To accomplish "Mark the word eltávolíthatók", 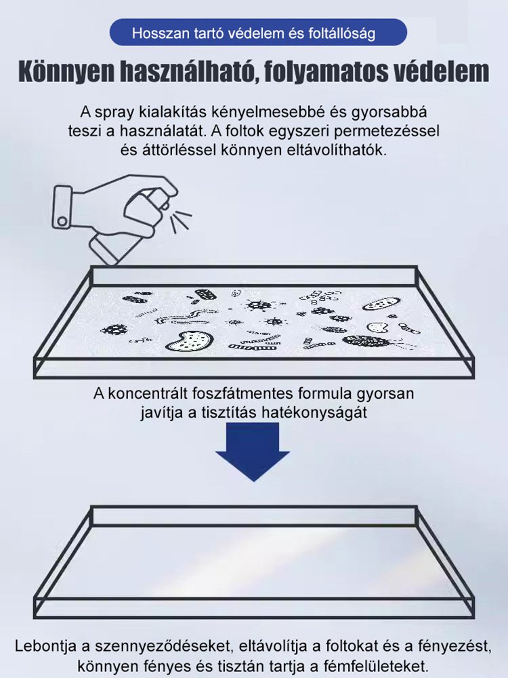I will (x=337, y=150).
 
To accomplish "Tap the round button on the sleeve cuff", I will (x=62, y=220).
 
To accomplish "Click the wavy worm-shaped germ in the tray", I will (x=177, y=318).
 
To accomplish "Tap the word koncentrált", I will (x=151, y=394).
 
